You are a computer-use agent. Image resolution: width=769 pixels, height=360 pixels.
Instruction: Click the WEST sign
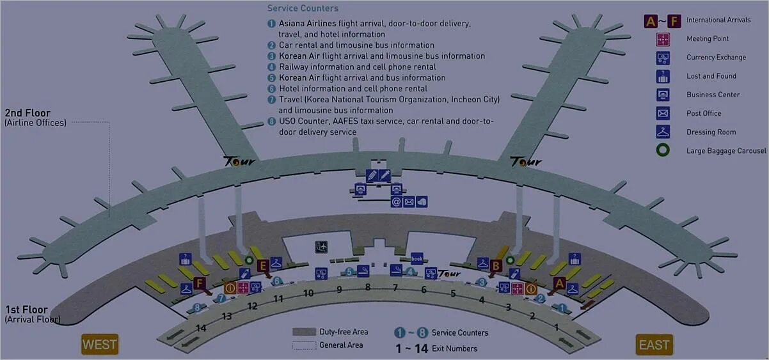click(100, 345)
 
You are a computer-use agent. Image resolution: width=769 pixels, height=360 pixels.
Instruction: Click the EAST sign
click(654, 345)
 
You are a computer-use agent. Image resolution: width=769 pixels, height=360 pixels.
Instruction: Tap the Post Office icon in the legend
click(663, 114)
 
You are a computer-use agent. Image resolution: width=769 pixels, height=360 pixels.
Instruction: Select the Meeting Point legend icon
click(663, 39)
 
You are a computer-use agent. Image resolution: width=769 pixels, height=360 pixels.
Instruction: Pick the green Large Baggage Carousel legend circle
click(663, 151)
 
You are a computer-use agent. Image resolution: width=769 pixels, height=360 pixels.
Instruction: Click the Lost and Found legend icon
click(663, 77)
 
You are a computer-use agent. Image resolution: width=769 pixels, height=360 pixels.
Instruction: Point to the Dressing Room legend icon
click(663, 132)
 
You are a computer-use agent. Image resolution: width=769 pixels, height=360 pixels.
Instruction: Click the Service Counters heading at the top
click(303, 8)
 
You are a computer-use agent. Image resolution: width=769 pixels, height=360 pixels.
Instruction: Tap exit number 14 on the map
click(201, 328)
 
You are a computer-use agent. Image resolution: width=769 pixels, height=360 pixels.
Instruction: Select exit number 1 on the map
click(556, 327)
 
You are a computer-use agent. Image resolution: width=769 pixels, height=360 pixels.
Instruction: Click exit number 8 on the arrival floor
click(368, 287)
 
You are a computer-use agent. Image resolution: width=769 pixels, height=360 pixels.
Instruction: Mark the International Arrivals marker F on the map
click(199, 283)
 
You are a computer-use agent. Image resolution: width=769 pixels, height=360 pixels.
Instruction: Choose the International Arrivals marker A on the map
click(559, 282)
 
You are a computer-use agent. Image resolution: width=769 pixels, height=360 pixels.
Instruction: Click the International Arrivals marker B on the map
click(496, 265)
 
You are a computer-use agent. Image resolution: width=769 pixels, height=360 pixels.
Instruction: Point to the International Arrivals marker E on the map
click(262, 265)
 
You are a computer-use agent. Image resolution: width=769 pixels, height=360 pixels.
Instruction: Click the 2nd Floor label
click(27, 113)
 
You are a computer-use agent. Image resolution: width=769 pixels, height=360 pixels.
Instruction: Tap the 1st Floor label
click(26, 309)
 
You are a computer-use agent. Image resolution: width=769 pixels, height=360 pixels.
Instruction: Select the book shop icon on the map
click(417, 258)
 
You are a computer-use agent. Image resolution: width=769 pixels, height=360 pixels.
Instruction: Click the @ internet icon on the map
click(397, 202)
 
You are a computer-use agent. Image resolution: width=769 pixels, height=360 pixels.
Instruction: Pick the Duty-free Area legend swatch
click(304, 332)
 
